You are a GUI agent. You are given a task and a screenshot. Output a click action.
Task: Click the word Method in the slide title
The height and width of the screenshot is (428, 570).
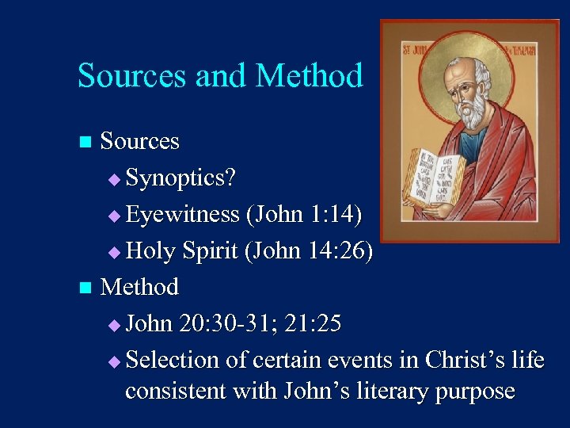pos(310,76)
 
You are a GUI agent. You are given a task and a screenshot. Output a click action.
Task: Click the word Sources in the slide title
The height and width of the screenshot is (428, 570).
pos(131,76)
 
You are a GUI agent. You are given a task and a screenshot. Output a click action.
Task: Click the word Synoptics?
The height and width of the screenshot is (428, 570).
pos(180,178)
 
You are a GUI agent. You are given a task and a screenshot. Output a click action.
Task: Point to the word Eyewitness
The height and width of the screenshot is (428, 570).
pos(182,215)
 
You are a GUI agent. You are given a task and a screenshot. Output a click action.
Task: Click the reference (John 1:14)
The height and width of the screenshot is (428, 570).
pos(304,215)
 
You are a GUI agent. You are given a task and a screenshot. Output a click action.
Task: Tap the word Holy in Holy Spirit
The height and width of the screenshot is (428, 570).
pos(151,251)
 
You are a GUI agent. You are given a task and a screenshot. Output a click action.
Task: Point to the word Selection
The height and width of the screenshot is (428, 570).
pos(173,360)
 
